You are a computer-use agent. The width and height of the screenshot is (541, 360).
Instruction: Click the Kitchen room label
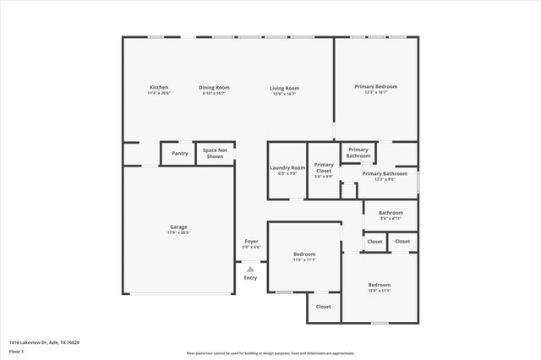[x=159, y=88]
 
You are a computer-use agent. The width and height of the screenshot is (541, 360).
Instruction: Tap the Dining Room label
[x=214, y=88]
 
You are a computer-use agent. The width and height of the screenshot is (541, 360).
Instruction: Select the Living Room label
[x=284, y=88]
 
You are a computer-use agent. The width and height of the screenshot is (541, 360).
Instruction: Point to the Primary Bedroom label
[x=375, y=86]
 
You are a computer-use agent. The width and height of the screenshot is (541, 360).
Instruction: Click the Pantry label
[x=180, y=153]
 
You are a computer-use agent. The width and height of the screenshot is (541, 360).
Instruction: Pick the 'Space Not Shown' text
[x=213, y=153]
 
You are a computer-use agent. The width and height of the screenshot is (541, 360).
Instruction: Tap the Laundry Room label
[x=287, y=167]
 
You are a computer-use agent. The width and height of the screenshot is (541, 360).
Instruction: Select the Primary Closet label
[x=324, y=167]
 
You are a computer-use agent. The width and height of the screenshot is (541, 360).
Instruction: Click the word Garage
[x=178, y=226]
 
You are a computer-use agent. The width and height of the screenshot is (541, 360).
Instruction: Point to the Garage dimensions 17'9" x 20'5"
[x=178, y=232]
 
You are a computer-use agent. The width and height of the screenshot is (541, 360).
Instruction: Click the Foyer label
[x=251, y=241]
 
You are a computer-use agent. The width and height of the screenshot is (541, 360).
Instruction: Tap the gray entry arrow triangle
[x=250, y=269]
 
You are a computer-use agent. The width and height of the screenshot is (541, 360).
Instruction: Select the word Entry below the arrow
[x=250, y=278]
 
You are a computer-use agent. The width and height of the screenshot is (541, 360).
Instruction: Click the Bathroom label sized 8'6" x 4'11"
[x=391, y=213]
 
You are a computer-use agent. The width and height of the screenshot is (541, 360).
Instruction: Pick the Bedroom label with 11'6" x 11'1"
[x=304, y=254]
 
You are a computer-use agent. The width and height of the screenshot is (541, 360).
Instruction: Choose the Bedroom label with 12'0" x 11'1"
[x=379, y=285]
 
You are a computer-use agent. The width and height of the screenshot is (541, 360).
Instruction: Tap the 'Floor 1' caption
[x=16, y=351]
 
